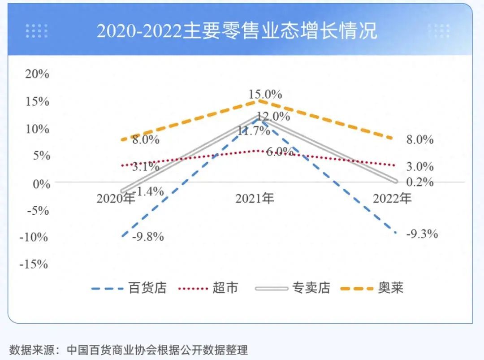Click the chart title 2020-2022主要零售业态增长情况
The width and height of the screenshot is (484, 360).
[237, 30]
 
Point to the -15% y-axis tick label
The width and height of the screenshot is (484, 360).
[34, 264]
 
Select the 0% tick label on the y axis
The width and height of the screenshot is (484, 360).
[40, 183]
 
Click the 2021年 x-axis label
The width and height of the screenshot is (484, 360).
[255, 198]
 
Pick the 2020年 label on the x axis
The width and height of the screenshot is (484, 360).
[116, 198]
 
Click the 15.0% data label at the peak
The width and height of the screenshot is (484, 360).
[266, 95]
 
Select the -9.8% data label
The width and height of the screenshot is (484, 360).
[148, 237]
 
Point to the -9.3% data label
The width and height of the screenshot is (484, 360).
[422, 234]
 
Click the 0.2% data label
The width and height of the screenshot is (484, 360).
[419, 182]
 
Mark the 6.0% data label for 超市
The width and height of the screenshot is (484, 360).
[280, 152]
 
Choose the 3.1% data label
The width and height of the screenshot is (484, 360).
[145, 167]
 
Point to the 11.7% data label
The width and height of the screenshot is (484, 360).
[254, 131]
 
